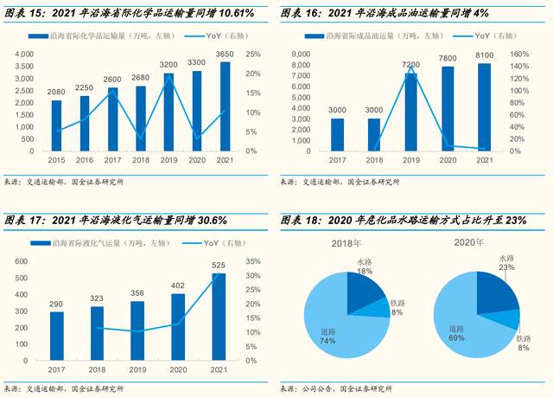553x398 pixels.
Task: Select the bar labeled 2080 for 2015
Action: (x=56, y=125)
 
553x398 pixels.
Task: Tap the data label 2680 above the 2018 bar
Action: (x=141, y=78)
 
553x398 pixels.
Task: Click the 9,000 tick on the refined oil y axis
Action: (x=300, y=54)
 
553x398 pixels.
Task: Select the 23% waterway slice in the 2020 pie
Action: (x=498, y=290)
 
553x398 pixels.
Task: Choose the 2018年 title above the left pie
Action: (x=346, y=243)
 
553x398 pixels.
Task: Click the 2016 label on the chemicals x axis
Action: (x=85, y=160)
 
